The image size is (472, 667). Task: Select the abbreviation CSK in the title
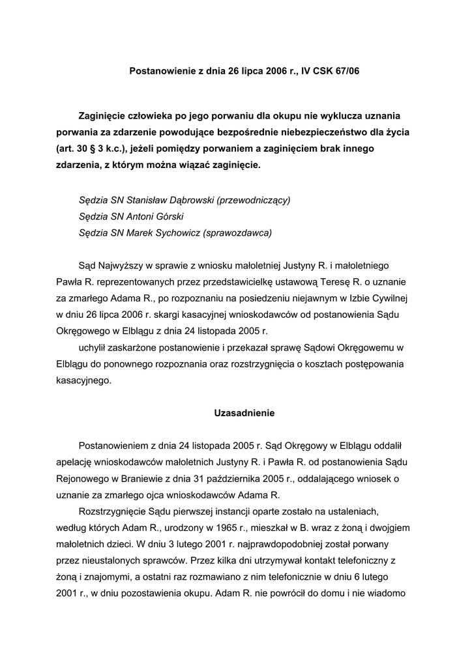(x=318, y=70)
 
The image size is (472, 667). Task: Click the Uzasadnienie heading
(x=244, y=413)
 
